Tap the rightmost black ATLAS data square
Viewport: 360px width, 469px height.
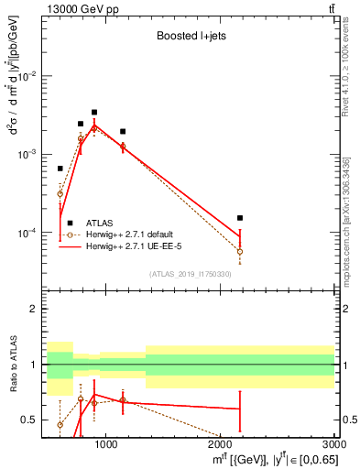pos(240,218)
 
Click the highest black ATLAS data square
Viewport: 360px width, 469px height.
pos(94,112)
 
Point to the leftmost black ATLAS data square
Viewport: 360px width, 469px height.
pos(60,169)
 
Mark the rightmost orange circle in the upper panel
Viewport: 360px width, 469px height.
pos(240,251)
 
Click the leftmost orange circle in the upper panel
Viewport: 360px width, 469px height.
pos(60,193)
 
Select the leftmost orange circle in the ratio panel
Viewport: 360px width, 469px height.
pos(60,425)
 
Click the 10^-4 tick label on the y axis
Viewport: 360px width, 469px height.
pos(28,234)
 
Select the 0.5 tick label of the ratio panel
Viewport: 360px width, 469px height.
pos(31,420)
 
